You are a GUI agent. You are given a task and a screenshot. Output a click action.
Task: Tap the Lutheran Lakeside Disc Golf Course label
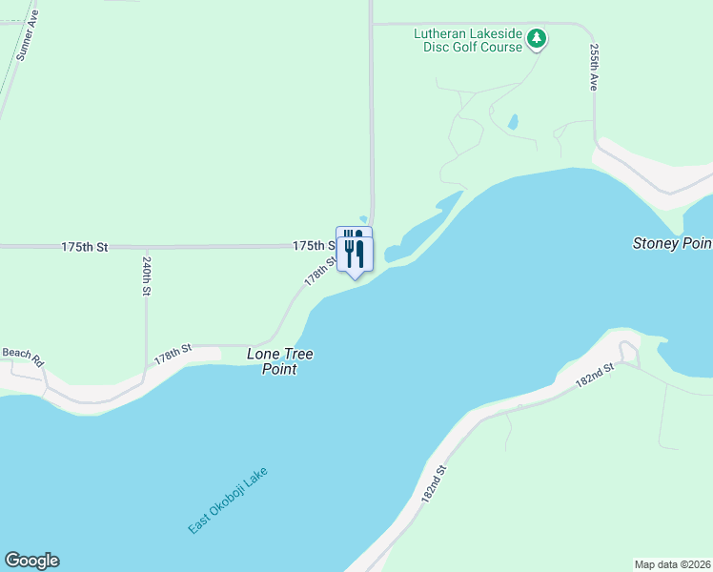[x=468, y=40]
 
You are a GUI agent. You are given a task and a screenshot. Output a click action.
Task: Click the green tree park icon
[x=538, y=39]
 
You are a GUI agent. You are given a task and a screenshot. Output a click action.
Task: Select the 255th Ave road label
[x=594, y=67]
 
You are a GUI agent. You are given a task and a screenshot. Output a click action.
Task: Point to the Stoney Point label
[x=672, y=244]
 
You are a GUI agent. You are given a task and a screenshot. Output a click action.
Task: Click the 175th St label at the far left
[x=85, y=247]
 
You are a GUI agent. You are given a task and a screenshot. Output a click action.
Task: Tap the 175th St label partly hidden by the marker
[x=314, y=245]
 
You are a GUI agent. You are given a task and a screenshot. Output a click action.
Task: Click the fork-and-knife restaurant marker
[x=355, y=251]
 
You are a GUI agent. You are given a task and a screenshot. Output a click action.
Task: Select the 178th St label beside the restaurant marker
[x=321, y=270]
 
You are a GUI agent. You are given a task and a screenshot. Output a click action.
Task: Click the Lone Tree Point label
[x=280, y=361]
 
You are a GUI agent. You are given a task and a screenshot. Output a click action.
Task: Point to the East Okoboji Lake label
[x=228, y=500]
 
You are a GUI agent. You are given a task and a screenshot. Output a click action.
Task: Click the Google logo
[x=31, y=561]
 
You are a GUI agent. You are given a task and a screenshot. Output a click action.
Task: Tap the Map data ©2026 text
[x=673, y=564]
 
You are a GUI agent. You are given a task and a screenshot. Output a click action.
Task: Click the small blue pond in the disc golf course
[x=513, y=122]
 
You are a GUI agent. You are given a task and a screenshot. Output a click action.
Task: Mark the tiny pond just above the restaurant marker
[x=363, y=218]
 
